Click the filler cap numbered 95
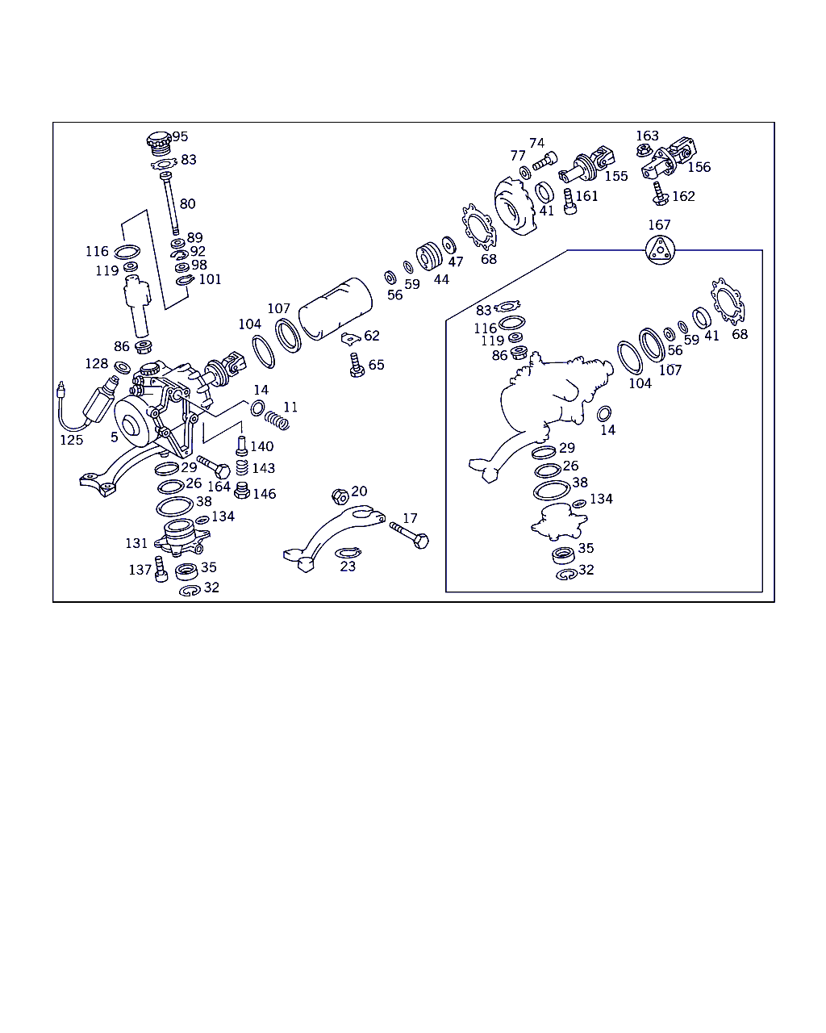(x=159, y=143)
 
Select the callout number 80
(x=187, y=204)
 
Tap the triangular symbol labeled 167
(x=660, y=250)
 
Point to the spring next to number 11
(x=277, y=420)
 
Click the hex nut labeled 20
(x=340, y=496)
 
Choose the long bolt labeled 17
(x=410, y=536)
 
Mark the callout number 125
(x=72, y=440)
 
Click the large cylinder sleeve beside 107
(x=336, y=309)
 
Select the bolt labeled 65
(x=357, y=366)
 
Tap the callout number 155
(x=616, y=176)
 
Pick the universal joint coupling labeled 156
(x=669, y=157)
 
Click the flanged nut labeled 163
(x=643, y=151)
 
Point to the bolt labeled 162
(x=660, y=194)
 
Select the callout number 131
(x=136, y=543)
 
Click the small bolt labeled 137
(x=161, y=569)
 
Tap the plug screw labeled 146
(x=242, y=491)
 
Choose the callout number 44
(x=441, y=279)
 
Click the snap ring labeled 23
(x=348, y=553)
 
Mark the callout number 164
(x=219, y=487)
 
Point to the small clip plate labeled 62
(x=351, y=338)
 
